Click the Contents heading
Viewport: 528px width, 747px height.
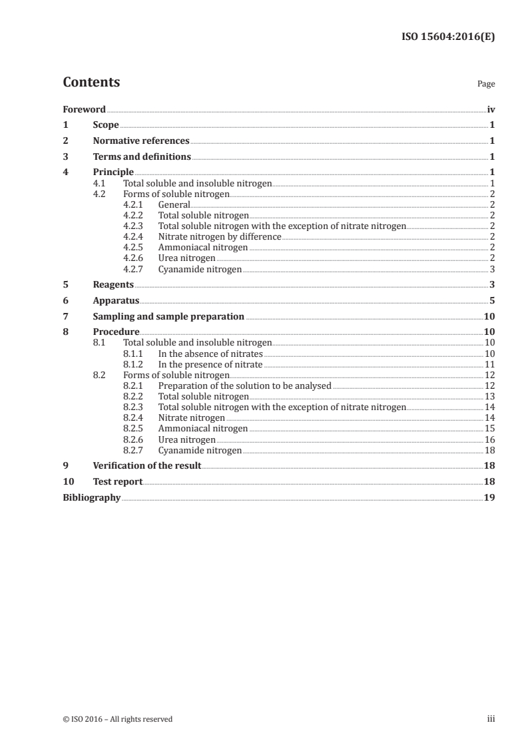tap(91, 83)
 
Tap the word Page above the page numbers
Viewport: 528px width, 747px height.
tap(486, 85)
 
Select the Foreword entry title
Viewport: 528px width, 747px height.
tap(84, 109)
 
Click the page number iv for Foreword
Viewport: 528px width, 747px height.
tap(491, 109)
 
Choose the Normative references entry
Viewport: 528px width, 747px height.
tap(141, 140)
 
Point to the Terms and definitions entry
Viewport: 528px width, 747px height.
tap(142, 157)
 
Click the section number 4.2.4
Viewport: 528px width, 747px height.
tap(134, 236)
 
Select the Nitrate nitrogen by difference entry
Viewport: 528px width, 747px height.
tap(219, 236)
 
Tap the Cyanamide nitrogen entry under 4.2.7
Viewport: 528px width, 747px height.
tap(200, 269)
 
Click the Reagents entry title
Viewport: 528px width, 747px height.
tap(113, 285)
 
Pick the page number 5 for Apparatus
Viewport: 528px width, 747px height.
tap(491, 301)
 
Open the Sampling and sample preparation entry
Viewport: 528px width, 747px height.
tap(168, 317)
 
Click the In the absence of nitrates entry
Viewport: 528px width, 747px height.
tap(210, 354)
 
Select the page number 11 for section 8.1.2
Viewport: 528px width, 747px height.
tap(489, 364)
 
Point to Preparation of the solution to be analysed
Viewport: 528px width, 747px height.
tap(244, 385)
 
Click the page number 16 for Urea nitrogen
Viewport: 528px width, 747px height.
tap(489, 439)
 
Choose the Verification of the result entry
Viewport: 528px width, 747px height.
tap(147, 466)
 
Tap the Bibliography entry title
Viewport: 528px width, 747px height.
tap(91, 498)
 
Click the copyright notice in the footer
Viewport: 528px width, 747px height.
tap(117, 719)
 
